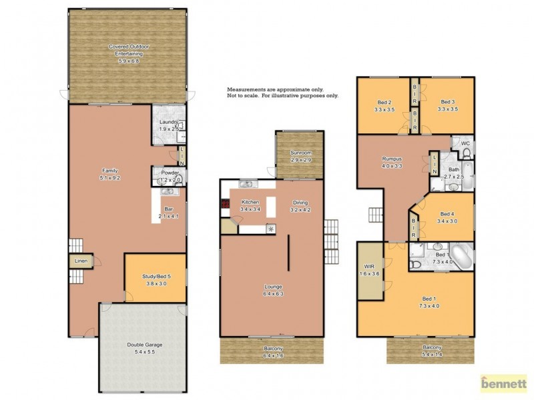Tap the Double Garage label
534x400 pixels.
point(144,347)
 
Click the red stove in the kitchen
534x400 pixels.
point(225,205)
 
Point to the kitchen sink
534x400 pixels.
point(245,184)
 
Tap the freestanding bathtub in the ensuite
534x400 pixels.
point(461,254)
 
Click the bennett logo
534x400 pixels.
point(504,384)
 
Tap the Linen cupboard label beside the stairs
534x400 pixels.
point(80,261)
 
